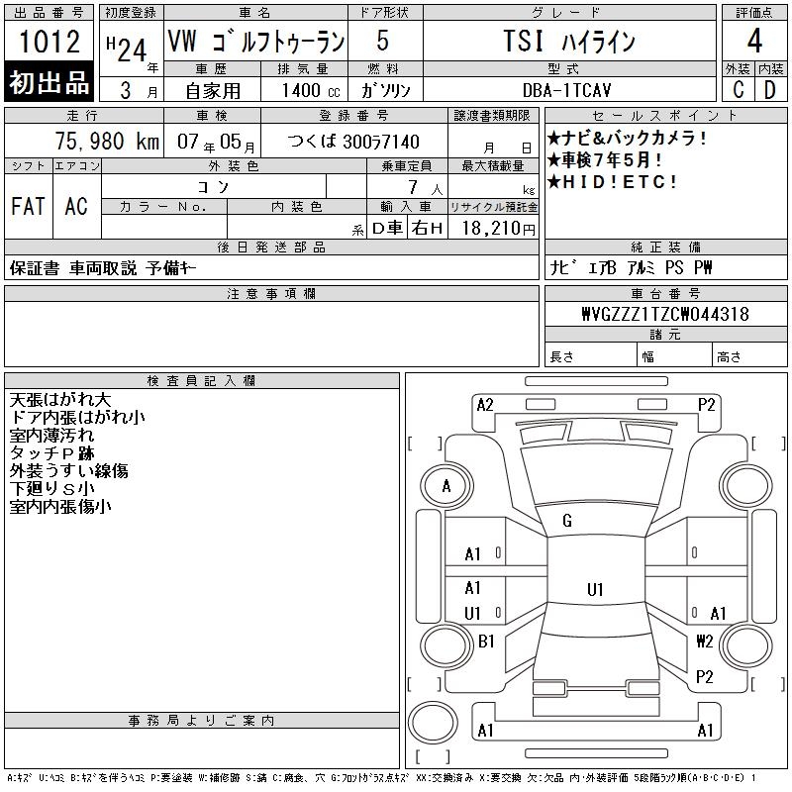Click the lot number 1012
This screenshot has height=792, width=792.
tap(49, 41)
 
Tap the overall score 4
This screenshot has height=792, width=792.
tap(754, 41)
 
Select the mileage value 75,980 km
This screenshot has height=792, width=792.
tap(107, 141)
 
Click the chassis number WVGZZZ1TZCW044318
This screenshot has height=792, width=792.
tap(665, 314)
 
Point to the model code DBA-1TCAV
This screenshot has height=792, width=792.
tap(566, 90)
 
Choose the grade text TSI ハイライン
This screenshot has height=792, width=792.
tap(569, 41)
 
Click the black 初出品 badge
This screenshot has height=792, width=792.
tap(49, 82)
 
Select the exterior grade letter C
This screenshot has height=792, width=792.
tap(738, 90)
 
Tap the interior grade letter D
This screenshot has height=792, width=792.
tap(770, 90)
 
